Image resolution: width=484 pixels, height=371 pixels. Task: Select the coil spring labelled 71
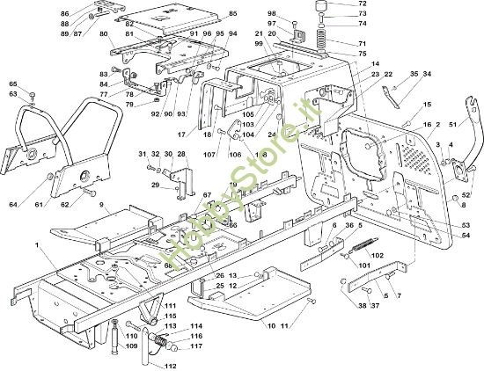click(x=319, y=41)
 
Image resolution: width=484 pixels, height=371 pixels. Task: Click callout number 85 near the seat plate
click(x=232, y=14)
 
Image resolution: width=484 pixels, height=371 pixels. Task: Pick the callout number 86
click(x=64, y=14)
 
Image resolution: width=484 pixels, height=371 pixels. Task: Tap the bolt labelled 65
click(x=33, y=94)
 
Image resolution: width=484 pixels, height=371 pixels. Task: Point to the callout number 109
click(x=131, y=346)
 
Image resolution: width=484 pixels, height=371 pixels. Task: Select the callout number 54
click(x=466, y=236)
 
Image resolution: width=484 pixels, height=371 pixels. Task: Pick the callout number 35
click(x=414, y=75)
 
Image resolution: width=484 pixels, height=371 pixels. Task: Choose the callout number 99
click(x=259, y=44)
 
